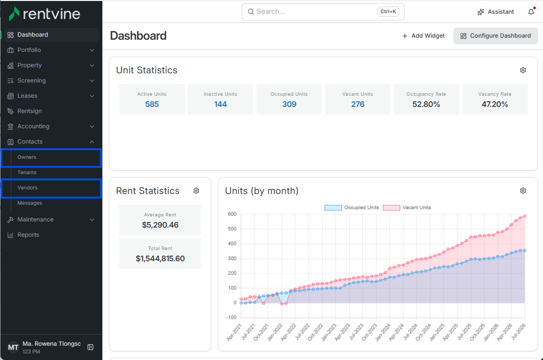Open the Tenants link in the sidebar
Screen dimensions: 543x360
click(27, 173)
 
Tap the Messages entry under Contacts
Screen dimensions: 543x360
click(30, 203)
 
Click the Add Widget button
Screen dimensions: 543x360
click(423, 36)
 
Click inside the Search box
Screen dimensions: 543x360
click(323, 12)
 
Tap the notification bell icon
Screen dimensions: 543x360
click(531, 12)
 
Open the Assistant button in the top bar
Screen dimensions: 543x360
click(496, 12)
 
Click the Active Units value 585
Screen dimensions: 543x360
click(152, 104)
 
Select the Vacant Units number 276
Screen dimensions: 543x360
click(358, 104)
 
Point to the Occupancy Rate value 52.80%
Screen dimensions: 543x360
click(426, 104)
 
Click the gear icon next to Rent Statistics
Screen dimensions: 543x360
click(196, 190)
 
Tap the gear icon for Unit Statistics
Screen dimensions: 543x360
click(523, 70)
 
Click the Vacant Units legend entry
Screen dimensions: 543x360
click(407, 208)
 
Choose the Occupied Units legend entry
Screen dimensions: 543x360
click(352, 208)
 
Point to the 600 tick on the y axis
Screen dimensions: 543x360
click(232, 214)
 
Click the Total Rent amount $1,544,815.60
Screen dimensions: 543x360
click(160, 259)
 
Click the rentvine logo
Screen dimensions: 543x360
click(44, 14)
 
